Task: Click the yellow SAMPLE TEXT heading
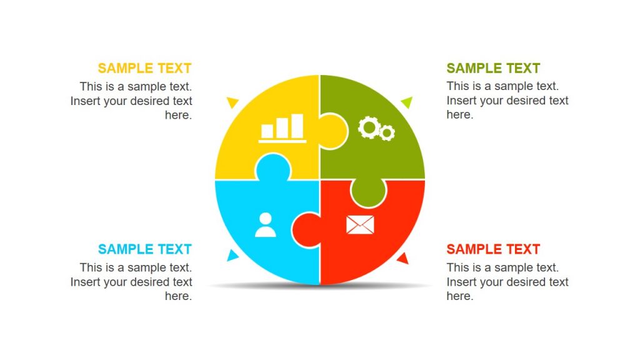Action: pos(144,68)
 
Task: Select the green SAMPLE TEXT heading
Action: pos(493,68)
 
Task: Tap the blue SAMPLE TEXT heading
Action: pos(144,249)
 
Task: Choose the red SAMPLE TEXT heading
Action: pos(493,249)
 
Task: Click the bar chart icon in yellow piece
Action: pos(282,127)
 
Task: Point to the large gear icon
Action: pos(369,127)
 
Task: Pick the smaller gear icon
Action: pos(387,132)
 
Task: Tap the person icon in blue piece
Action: pos(266,225)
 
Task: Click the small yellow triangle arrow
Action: pos(233,101)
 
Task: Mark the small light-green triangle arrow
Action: pos(407,101)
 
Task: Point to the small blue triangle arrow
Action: pos(232,255)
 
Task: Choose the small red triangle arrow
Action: pos(403,258)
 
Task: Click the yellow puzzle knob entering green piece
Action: pos(334,130)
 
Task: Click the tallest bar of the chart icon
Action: pos(297,126)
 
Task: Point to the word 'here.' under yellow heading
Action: pos(178,115)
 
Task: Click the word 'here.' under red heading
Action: pos(460,296)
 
